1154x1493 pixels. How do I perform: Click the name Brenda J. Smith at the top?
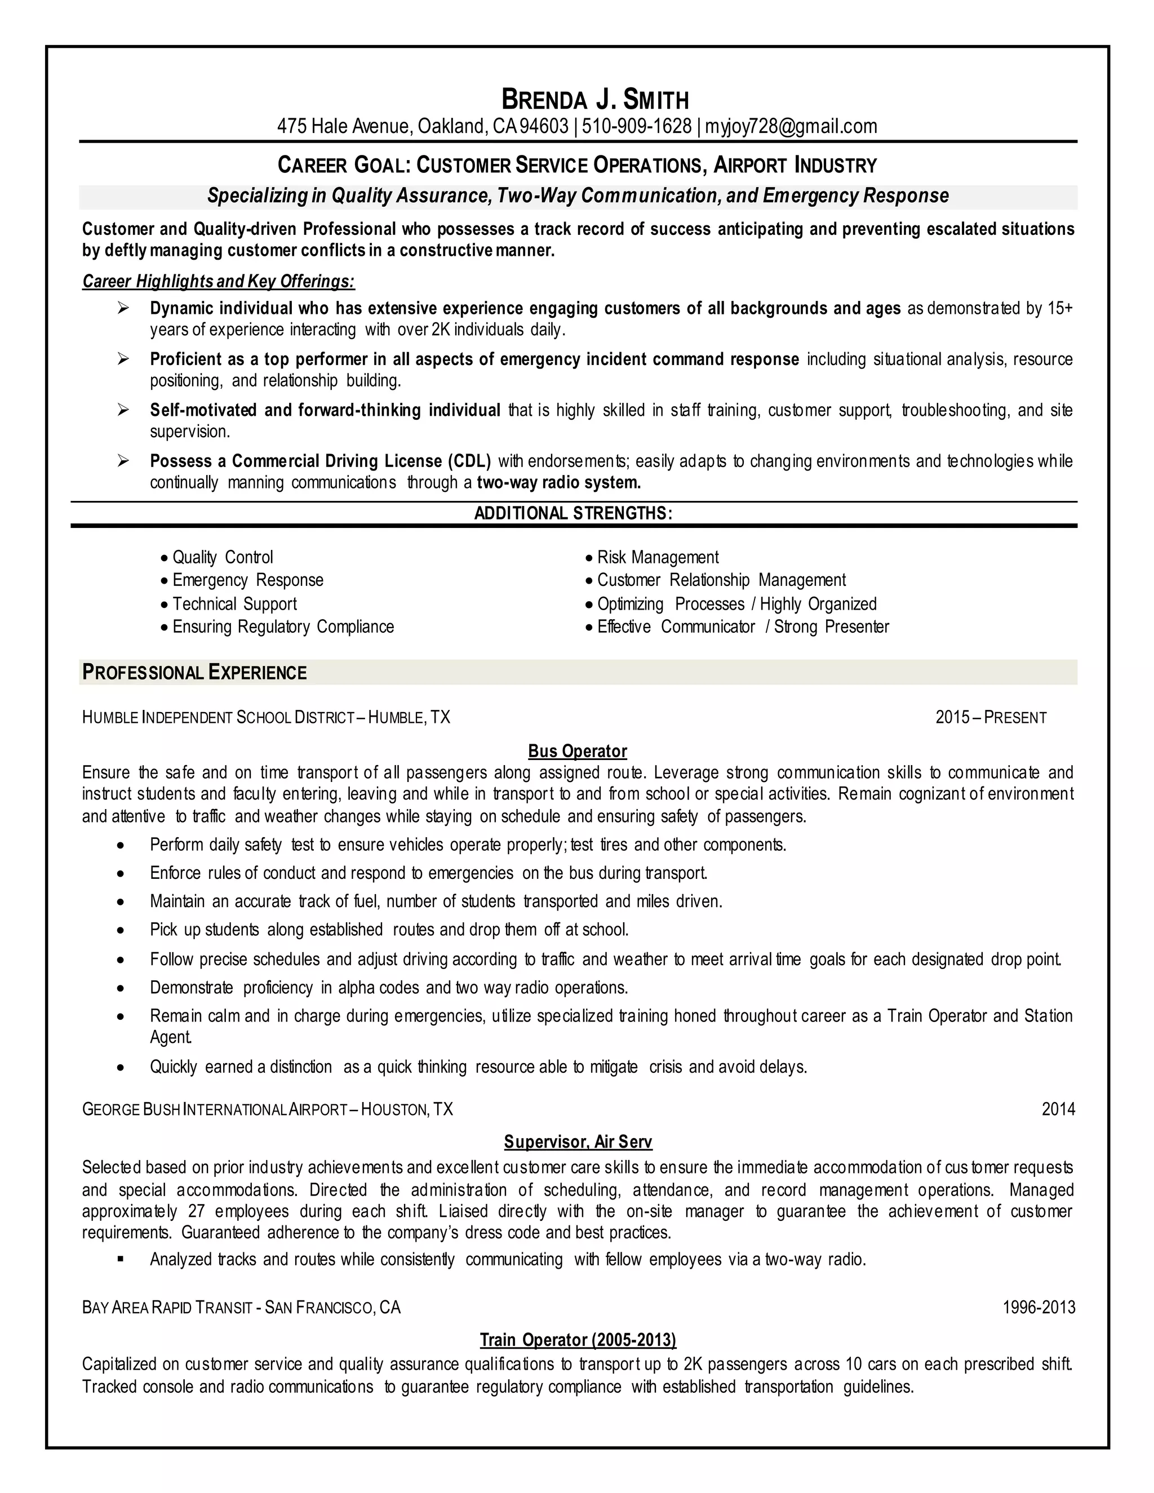click(x=595, y=100)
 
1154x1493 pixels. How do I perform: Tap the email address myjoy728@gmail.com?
click(x=791, y=126)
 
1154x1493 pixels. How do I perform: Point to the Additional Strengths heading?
click(x=573, y=513)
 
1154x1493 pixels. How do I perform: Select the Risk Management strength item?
click(x=658, y=557)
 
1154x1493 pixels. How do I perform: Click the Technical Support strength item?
click(x=234, y=603)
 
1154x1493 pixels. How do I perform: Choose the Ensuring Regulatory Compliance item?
click(x=283, y=627)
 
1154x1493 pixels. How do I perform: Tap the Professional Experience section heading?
click(x=194, y=673)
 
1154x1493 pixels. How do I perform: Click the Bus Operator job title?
click(x=577, y=751)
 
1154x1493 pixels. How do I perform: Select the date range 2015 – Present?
click(x=991, y=717)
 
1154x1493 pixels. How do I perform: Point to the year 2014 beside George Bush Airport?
click(x=1058, y=1109)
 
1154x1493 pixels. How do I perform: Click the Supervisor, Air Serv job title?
click(x=578, y=1141)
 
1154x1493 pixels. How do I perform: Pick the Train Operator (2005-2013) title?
click(x=578, y=1339)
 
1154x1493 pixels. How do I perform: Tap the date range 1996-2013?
click(x=1038, y=1307)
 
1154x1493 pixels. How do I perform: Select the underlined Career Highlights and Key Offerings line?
click(x=219, y=282)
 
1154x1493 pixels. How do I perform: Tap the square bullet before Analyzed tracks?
click(x=121, y=1259)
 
